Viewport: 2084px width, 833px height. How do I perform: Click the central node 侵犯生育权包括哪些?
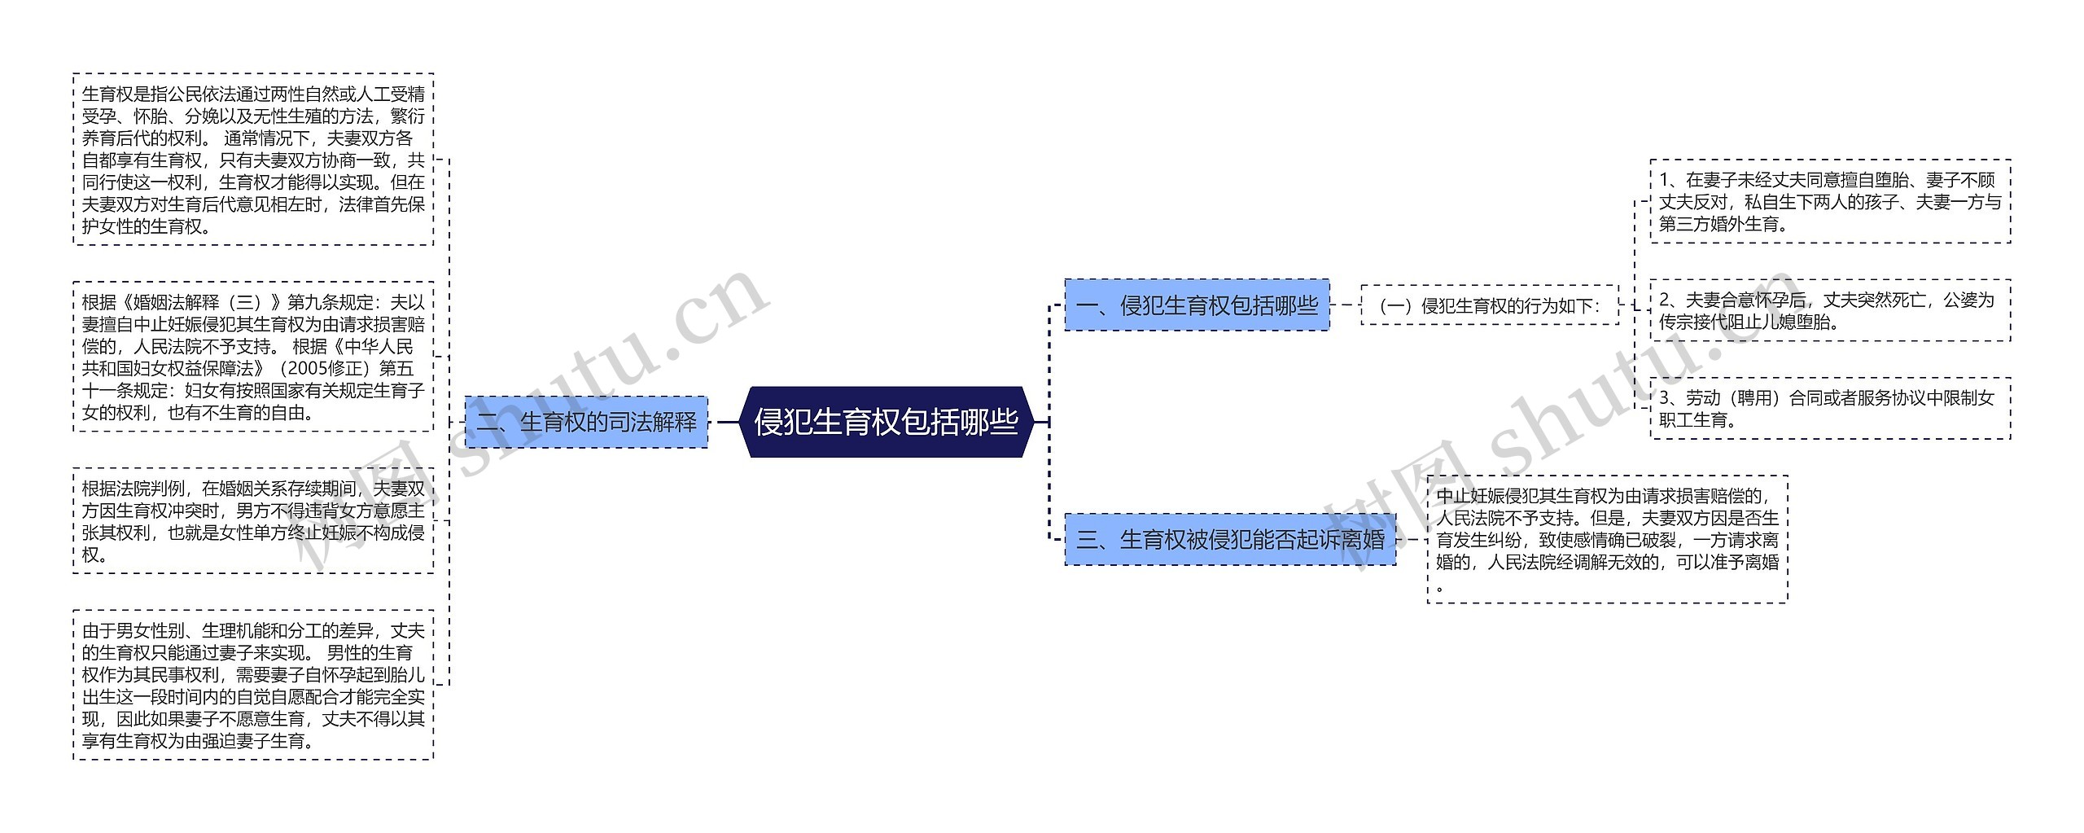(886, 422)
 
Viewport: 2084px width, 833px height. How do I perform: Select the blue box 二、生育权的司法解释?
(586, 422)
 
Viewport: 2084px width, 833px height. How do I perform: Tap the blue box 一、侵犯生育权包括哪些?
(1197, 305)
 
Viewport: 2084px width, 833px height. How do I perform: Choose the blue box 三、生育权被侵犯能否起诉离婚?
(1230, 539)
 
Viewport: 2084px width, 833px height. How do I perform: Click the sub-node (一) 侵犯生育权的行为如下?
(1490, 305)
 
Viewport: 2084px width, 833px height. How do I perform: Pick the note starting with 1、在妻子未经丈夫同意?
(1830, 201)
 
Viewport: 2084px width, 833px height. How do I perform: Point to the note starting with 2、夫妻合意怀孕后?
(1830, 310)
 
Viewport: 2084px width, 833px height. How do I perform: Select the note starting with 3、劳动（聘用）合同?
(1830, 408)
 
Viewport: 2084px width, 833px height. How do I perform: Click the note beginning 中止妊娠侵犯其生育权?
(1607, 539)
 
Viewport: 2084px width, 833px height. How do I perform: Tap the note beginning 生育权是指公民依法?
(253, 160)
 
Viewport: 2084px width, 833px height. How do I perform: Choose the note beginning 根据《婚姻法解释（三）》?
(253, 357)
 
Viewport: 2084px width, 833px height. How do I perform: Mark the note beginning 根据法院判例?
(253, 521)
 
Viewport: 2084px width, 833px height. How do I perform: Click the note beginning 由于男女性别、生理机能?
(253, 685)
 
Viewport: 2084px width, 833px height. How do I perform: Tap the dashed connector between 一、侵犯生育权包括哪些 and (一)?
(1345, 305)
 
